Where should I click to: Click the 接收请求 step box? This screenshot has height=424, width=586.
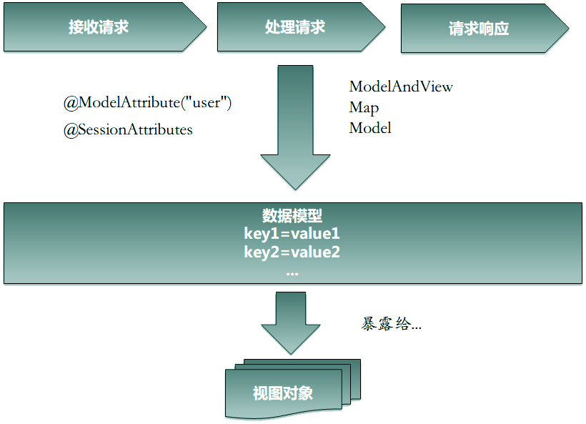[x=100, y=28]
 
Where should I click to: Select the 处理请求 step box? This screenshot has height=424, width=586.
[x=295, y=28]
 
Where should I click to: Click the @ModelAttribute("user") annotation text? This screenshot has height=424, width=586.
[x=148, y=102]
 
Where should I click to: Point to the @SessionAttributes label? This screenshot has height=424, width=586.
[x=128, y=129]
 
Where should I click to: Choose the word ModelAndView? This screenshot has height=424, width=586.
[x=401, y=87]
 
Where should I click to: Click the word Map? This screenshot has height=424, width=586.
[x=364, y=107]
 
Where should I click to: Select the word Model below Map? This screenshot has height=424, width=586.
[x=370, y=128]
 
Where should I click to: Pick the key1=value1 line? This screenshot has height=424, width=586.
[x=292, y=235]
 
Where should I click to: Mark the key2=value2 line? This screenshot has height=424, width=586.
[x=292, y=252]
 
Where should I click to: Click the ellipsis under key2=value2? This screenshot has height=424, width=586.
[x=292, y=272]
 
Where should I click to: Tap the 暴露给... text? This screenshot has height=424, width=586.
[x=392, y=324]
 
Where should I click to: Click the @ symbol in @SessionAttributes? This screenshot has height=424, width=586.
[x=70, y=130]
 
